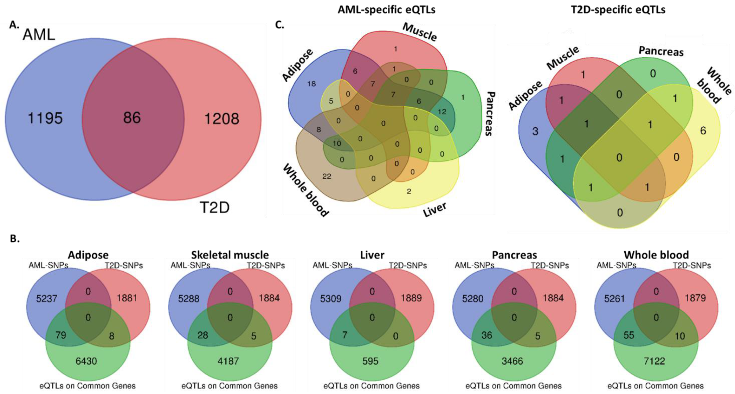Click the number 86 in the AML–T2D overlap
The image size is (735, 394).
coord(132,117)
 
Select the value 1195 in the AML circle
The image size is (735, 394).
coord(45,118)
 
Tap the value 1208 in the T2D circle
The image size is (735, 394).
coord(222,119)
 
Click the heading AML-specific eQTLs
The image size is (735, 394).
coord(386,9)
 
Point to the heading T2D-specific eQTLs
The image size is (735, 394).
coord(618,9)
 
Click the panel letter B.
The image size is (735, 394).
coord(15,239)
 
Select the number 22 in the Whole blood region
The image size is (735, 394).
coord(327,176)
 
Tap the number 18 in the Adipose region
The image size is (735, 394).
coord(311,84)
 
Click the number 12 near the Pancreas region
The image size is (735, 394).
coord(442,112)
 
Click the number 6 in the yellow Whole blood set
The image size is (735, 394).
coord(703,131)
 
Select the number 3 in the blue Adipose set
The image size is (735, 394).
coord(535,132)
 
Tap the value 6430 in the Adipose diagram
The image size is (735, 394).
coord(86,361)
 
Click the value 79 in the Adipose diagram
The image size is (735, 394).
coord(60,335)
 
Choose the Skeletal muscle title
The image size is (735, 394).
coord(230,255)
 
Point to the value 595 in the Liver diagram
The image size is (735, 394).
coord(370,361)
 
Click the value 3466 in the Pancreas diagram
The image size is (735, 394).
coord(512,361)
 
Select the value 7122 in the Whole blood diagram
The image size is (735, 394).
coord(654,361)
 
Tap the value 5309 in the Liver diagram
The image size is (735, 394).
coord(330,299)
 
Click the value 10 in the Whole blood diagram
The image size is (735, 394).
coord(680,336)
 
